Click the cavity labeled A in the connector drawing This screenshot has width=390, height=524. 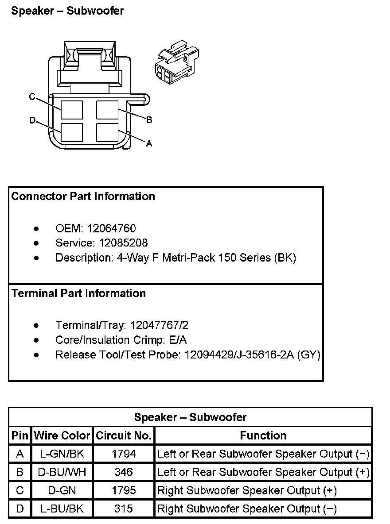tap(107, 132)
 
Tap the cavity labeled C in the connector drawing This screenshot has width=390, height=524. tap(72, 110)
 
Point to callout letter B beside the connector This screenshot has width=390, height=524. tap(149, 119)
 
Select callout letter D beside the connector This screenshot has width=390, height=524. tap(32, 120)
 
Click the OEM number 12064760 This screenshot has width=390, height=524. tap(111, 229)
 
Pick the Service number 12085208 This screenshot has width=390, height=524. tap(123, 243)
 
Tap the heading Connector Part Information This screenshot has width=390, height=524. tap(83, 196)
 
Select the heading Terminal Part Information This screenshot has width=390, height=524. tap(78, 293)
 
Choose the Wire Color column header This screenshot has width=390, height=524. tap(62, 435)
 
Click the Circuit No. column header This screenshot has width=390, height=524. tap(124, 435)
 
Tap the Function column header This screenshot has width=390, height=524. tap(263, 435)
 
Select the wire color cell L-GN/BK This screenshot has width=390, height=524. tap(62, 454)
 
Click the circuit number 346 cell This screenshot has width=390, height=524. tap(123, 472)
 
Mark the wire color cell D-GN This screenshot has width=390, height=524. tap(62, 490)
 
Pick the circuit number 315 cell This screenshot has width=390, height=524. tap(123, 509)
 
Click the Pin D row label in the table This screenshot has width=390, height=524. tap(20, 509)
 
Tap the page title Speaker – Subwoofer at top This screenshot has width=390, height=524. tap(67, 11)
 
